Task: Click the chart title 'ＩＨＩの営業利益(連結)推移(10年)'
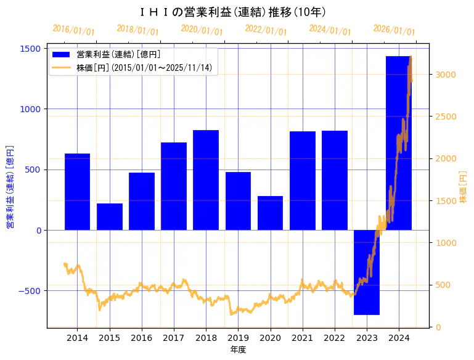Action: (x=237, y=12)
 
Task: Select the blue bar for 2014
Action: (x=77, y=191)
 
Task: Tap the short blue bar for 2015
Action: (x=110, y=216)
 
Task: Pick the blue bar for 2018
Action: (x=206, y=180)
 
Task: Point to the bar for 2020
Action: (x=270, y=213)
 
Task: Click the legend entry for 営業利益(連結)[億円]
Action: (x=118, y=55)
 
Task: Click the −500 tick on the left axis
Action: (x=28, y=291)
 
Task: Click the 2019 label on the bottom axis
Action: (x=238, y=338)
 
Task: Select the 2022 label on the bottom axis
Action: (x=335, y=338)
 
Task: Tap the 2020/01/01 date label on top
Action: (x=202, y=30)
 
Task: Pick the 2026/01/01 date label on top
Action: (x=394, y=30)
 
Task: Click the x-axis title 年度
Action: (x=238, y=350)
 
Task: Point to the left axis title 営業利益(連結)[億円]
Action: (x=10, y=187)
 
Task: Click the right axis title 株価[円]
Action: (x=463, y=187)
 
